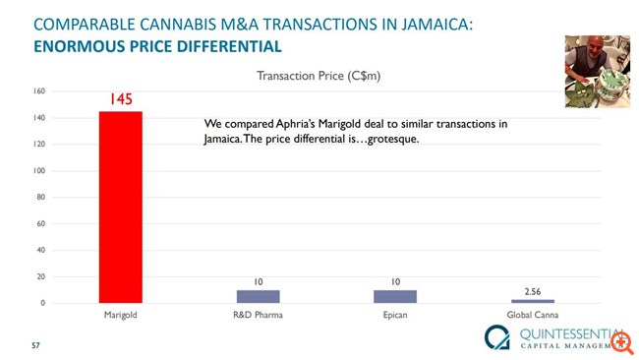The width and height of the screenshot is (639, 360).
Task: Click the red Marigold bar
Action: [120, 207]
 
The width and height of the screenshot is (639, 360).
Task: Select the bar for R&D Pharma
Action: [258, 295]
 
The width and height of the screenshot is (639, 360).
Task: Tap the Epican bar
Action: [395, 295]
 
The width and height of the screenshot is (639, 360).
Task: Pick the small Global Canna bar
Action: [532, 300]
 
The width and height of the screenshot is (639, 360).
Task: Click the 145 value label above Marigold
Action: [120, 99]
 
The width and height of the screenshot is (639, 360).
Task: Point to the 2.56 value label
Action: [532, 291]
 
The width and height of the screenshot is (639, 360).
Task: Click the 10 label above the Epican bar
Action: [395, 281]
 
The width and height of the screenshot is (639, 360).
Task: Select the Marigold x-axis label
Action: [120, 316]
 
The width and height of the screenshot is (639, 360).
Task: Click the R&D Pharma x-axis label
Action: [258, 316]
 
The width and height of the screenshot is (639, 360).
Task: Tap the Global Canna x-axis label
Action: [532, 316]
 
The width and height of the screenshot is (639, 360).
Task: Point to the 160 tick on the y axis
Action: [39, 91]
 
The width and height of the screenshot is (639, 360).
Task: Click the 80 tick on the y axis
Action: [41, 197]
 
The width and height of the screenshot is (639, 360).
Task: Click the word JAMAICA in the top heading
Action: [432, 23]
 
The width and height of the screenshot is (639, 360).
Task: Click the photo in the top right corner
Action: [596, 72]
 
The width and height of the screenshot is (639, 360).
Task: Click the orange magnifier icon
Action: [621, 341]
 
